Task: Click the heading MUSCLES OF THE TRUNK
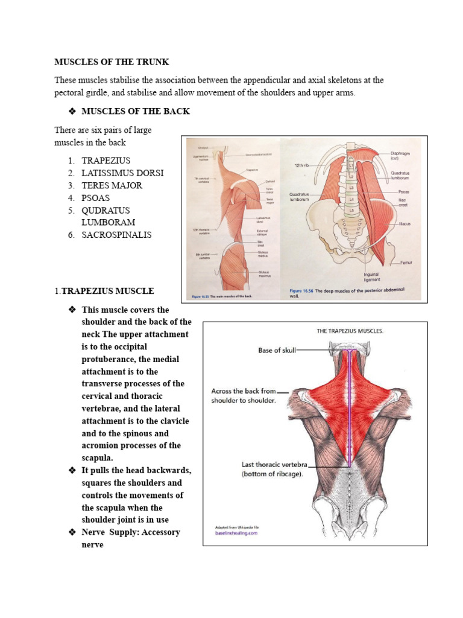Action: click(x=112, y=62)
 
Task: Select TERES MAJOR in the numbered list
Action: click(x=112, y=185)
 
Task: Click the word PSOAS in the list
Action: click(x=96, y=198)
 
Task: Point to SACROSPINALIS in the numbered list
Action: click(x=117, y=235)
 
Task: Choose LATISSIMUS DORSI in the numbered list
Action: click(x=122, y=173)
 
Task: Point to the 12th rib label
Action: click(x=302, y=165)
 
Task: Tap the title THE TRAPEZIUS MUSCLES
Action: click(x=350, y=331)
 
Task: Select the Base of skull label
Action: click(x=277, y=350)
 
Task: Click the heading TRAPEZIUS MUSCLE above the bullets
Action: click(x=108, y=291)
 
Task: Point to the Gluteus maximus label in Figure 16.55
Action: click(x=265, y=274)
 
